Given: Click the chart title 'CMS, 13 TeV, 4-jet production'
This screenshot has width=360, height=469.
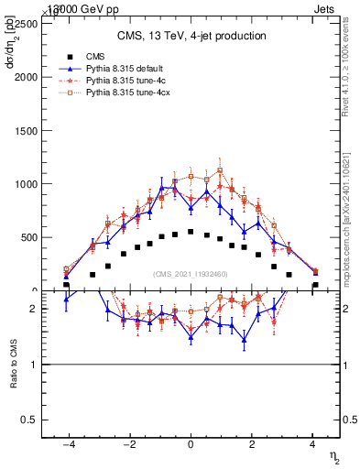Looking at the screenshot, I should point(191,37).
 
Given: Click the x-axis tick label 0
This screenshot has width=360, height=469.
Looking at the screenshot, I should point(191,444).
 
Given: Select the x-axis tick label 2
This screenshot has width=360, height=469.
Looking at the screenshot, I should point(253,444).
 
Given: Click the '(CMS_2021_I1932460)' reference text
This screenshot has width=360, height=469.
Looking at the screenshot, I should point(191,274).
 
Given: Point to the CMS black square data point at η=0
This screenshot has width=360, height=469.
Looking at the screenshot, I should point(191,232).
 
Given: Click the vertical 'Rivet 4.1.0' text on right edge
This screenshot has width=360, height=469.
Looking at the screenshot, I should point(351,55).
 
